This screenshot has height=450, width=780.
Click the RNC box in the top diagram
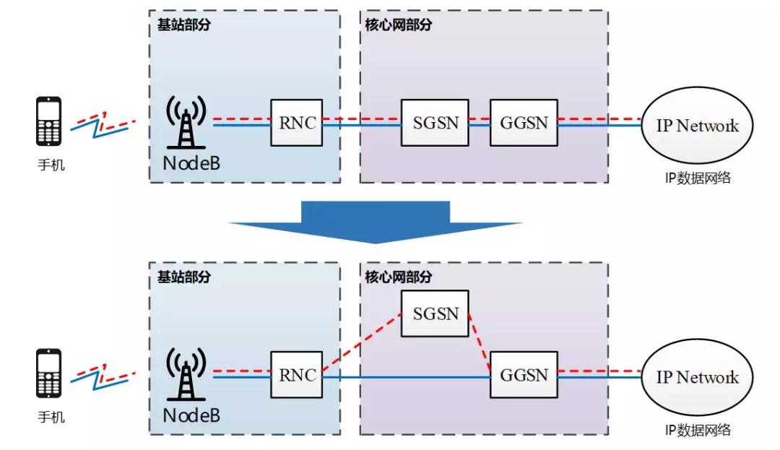pos(297,123)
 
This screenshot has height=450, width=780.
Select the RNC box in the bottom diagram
pos(297,375)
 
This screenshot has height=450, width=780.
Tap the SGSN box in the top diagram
pos(435,123)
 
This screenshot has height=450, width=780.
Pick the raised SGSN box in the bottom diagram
pos(435,313)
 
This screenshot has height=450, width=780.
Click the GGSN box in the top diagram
pos(524,123)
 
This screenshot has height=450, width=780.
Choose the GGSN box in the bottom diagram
pos(524,375)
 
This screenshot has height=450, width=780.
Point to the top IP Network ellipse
pos(697,126)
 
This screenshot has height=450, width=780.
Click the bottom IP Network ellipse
pos(697,377)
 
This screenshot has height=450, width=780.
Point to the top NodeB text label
pos(191,163)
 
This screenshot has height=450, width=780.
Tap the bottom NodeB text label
pos(191,415)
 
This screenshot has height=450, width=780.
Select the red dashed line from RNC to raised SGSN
pos(361,343)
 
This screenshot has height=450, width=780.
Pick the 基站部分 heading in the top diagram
pos(183,25)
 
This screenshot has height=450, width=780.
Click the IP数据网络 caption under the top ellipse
pos(697,178)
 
